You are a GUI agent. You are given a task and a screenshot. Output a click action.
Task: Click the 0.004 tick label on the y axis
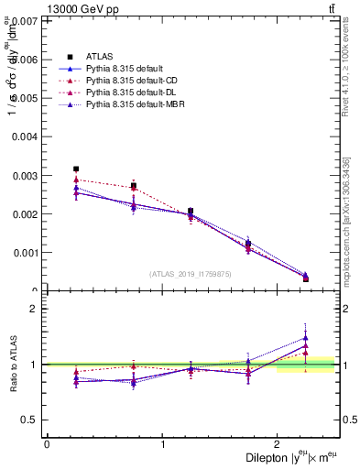pyautogui.click(x=26, y=136)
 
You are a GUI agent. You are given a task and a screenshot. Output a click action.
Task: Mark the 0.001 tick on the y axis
pyautogui.click(x=26, y=253)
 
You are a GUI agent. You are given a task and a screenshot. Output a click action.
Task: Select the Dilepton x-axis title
pyautogui.click(x=290, y=457)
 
